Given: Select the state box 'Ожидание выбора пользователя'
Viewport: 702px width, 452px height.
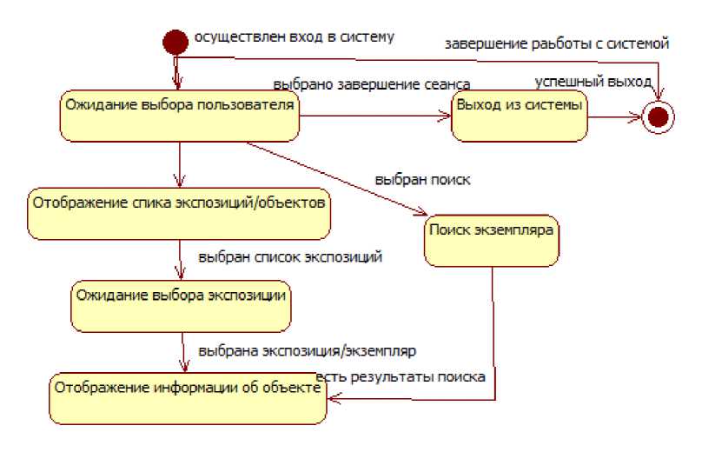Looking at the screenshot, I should pos(179,116).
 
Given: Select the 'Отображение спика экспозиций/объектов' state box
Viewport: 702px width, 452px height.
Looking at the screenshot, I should pos(179,211).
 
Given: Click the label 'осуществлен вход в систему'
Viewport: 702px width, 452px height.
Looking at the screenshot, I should pos(294,37).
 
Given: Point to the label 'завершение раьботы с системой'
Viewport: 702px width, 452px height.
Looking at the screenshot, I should pos(557,43).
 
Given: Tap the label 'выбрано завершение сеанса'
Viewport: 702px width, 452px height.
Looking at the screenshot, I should pos(372,84).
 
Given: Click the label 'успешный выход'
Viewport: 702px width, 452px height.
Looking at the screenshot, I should pos(593,82).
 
